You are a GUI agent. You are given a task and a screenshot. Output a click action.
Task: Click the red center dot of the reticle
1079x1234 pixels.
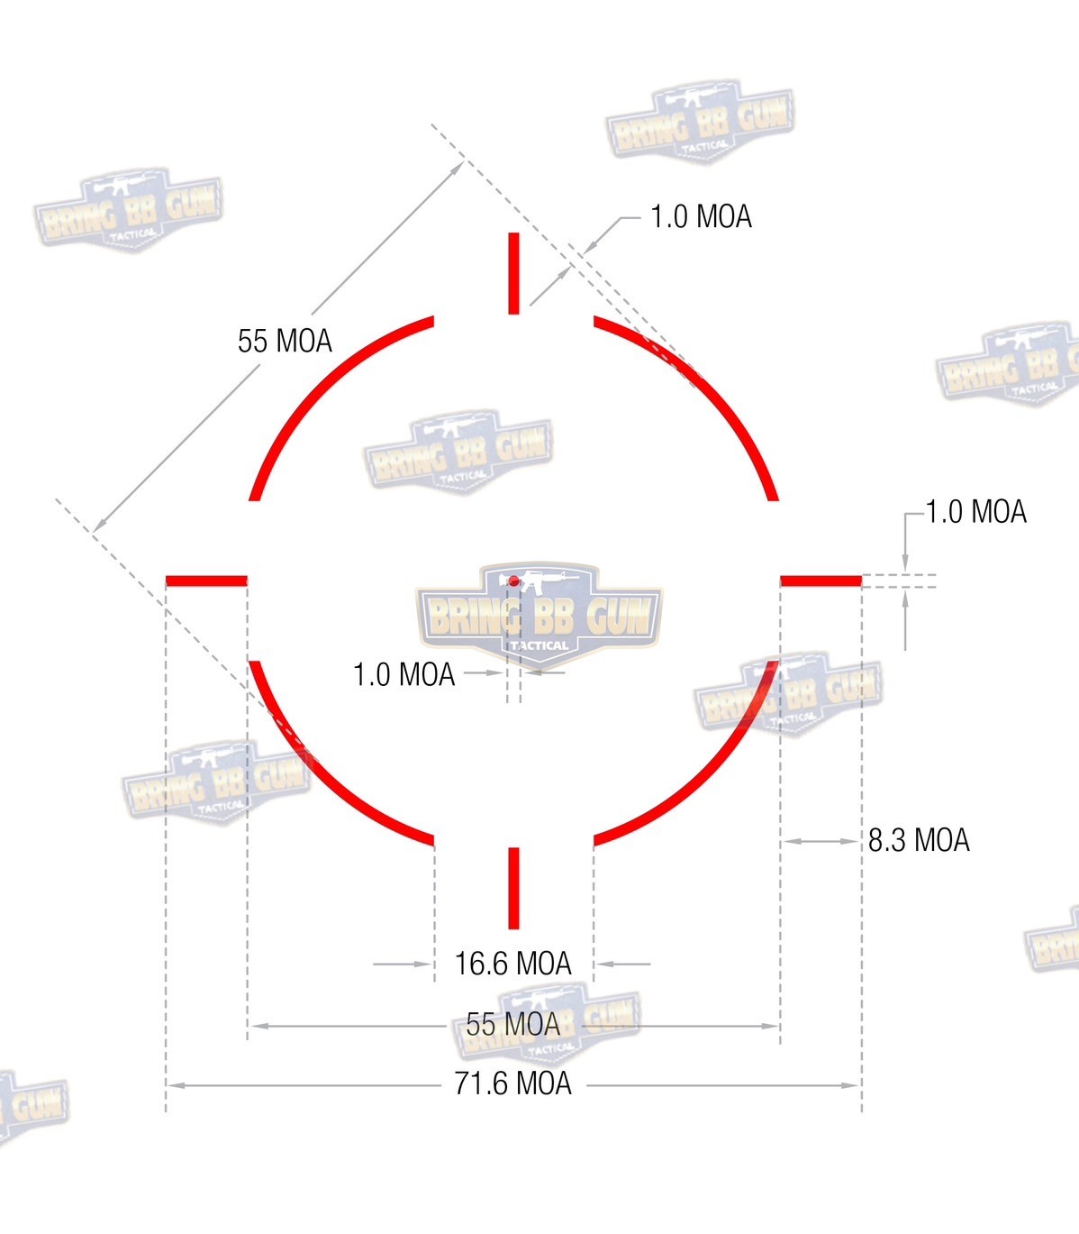tap(513, 580)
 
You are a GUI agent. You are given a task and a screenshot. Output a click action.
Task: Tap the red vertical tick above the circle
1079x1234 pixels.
tap(513, 273)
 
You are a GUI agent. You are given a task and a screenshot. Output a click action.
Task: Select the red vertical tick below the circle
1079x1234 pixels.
tap(513, 889)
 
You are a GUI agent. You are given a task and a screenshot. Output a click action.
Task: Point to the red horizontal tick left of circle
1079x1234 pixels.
tap(206, 580)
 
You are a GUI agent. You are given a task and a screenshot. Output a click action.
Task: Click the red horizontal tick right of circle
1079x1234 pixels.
tap(821, 580)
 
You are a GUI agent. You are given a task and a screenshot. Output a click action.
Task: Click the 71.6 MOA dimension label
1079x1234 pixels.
tap(512, 1083)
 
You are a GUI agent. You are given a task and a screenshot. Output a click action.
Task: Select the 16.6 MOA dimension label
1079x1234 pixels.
tap(512, 964)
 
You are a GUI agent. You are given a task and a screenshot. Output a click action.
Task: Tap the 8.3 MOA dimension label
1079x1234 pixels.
tap(919, 840)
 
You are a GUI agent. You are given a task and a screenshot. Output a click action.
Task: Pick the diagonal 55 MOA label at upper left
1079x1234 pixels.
tap(285, 341)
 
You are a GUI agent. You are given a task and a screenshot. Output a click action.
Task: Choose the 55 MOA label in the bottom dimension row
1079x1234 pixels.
tap(512, 1024)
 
